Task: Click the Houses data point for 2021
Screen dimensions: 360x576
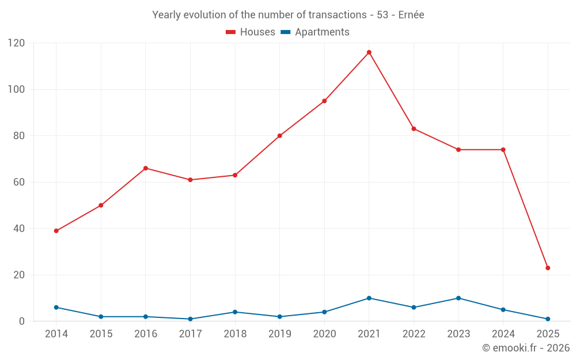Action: (x=369, y=52)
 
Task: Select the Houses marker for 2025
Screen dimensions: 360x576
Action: (x=548, y=268)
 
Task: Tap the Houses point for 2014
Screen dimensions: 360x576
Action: (x=56, y=231)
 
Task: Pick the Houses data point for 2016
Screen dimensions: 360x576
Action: (x=146, y=168)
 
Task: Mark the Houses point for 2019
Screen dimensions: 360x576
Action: (x=280, y=136)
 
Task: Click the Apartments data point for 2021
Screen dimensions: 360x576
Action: (x=369, y=298)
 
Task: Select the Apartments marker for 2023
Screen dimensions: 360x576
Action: (x=458, y=298)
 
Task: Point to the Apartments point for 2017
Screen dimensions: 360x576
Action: (x=190, y=319)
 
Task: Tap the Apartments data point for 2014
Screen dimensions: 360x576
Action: (x=56, y=307)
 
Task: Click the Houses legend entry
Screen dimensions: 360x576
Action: (x=251, y=32)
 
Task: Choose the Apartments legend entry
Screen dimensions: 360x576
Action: (x=314, y=32)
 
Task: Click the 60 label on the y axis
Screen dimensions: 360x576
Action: (x=20, y=182)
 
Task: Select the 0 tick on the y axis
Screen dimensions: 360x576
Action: (x=22, y=321)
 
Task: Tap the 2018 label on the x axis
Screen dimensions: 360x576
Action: (x=235, y=334)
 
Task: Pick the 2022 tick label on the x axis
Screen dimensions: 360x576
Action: (x=414, y=334)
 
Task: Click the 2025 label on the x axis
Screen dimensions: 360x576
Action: (x=548, y=334)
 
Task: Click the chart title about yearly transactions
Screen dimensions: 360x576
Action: (x=288, y=15)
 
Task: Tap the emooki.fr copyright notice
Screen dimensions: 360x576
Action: (x=525, y=348)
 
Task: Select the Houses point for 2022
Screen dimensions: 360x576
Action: (x=414, y=128)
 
